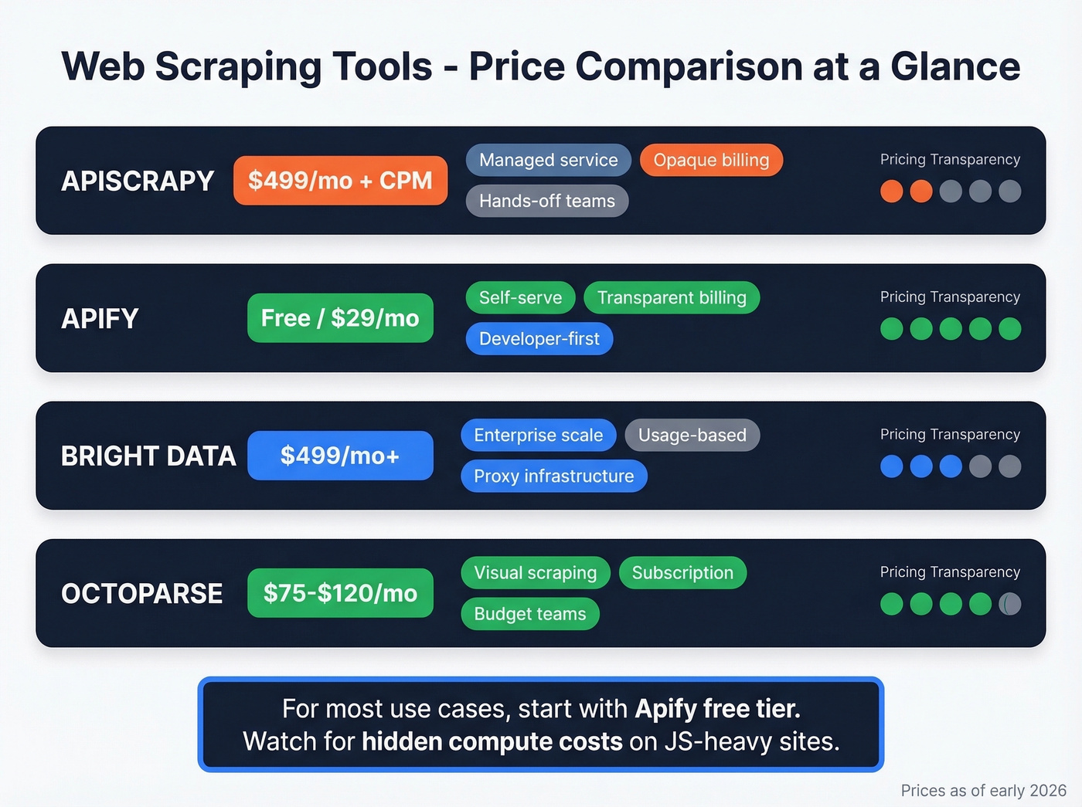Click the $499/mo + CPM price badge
[340, 181]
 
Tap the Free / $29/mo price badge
[340, 318]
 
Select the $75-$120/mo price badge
[340, 593]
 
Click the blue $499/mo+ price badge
[340, 456]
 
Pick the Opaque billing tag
[711, 160]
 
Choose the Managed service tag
[548, 160]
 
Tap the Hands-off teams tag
[546, 201]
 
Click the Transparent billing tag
[672, 297]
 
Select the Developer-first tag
[539, 338]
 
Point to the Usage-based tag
[692, 435]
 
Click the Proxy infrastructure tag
[553, 476]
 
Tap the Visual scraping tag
[535, 572]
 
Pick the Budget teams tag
[529, 614]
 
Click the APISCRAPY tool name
[138, 181]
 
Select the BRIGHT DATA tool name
[148, 456]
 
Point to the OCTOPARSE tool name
[142, 593]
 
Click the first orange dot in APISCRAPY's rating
[892, 192]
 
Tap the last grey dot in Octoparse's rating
[1009, 604]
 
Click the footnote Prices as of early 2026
[983, 790]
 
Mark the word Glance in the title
[955, 66]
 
